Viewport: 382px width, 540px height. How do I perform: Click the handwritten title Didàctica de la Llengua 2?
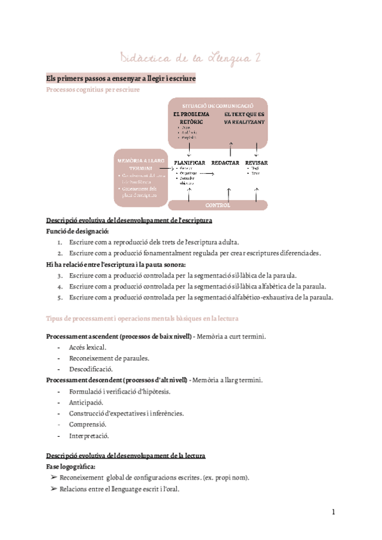(x=191, y=59)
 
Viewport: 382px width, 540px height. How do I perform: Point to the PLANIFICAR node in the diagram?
(x=189, y=163)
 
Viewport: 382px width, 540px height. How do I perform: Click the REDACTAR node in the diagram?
(x=225, y=163)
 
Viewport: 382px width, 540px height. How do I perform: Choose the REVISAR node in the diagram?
(x=256, y=163)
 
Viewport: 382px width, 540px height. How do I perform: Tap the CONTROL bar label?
(x=218, y=206)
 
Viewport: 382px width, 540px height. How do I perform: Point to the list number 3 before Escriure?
(x=59, y=276)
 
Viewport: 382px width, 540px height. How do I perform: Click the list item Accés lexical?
(x=88, y=347)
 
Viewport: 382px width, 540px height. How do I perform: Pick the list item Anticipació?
(x=87, y=402)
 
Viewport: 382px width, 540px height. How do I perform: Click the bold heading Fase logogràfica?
(x=71, y=467)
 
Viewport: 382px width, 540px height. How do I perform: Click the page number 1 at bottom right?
(x=333, y=512)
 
